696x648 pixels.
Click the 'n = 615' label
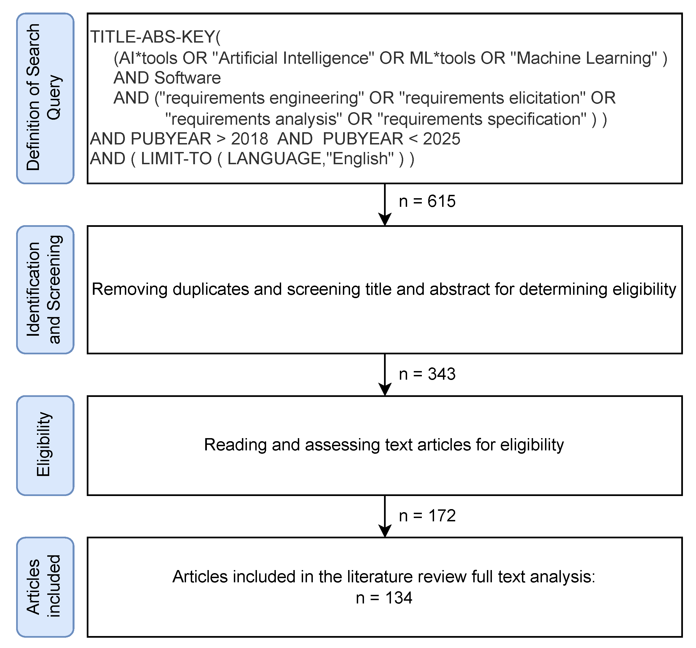coord(427,202)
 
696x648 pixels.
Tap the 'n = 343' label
coord(427,374)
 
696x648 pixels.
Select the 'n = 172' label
coord(427,516)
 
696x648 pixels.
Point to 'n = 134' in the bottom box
coord(384,598)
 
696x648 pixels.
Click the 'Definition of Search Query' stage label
coord(45,98)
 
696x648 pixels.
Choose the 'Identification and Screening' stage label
coord(45,289)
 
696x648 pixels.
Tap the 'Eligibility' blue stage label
coord(45,445)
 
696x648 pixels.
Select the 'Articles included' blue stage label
coord(45,587)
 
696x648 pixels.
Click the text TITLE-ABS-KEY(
coord(155,37)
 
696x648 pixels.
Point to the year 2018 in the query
coord(249,139)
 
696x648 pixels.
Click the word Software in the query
coord(187,78)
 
